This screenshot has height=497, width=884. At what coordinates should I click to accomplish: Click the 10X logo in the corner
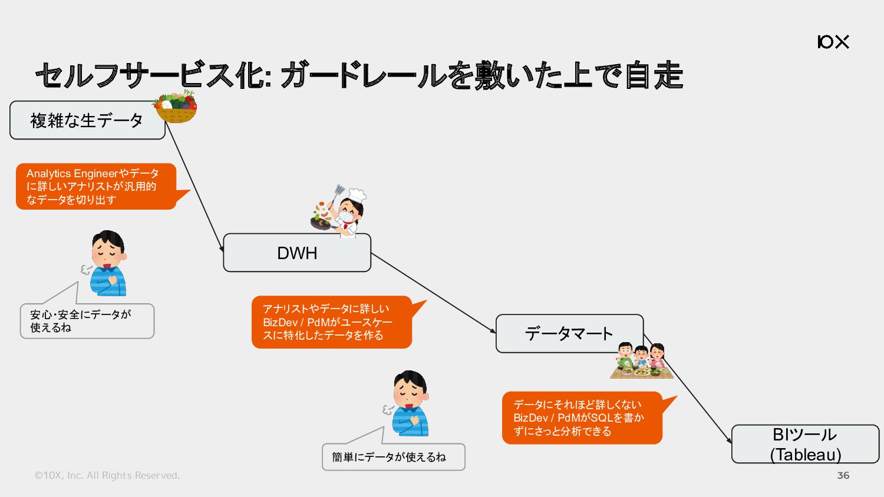[x=833, y=42]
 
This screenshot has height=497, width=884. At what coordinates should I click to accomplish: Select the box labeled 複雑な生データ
[x=87, y=120]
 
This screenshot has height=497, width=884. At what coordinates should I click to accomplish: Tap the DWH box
[x=297, y=253]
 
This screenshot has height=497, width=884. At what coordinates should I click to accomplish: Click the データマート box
[x=569, y=333]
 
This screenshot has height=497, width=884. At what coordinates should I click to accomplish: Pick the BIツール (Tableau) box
[x=805, y=444]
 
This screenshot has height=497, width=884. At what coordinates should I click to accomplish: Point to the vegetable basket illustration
[x=175, y=107]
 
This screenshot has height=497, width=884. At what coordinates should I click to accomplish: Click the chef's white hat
[x=357, y=194]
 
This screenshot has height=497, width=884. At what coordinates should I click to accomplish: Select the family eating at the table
[x=641, y=360]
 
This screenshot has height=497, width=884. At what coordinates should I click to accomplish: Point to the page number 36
[x=843, y=475]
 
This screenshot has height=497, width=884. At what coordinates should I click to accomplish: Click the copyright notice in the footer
[x=107, y=475]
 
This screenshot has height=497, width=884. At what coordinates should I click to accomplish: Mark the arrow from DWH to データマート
[x=433, y=293]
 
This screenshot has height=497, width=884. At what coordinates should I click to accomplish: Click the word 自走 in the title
[x=654, y=75]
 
